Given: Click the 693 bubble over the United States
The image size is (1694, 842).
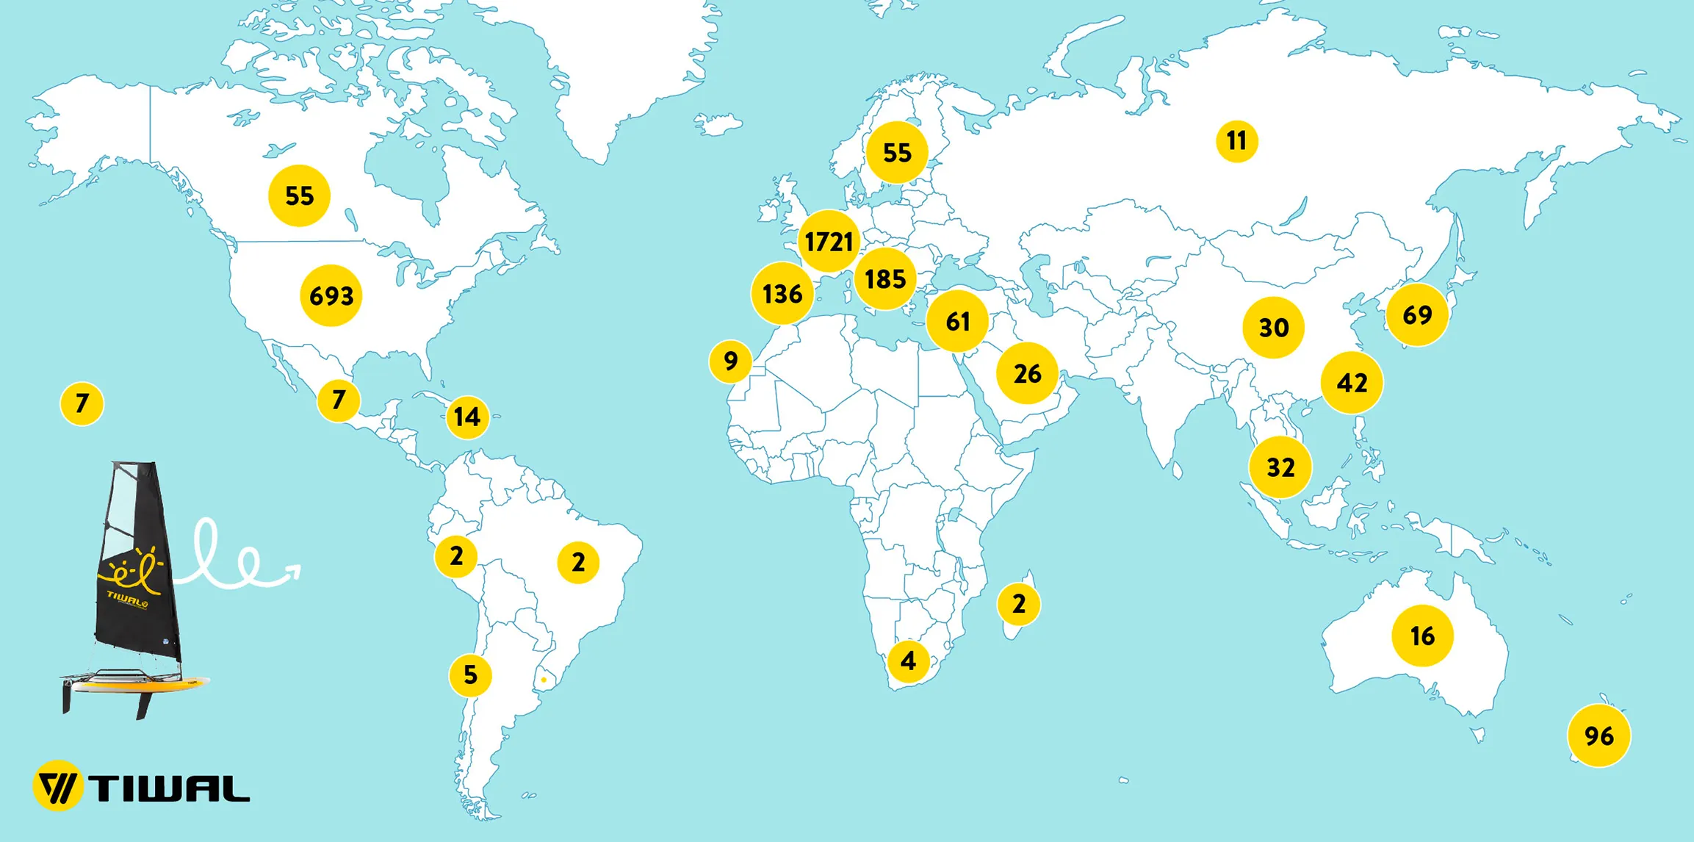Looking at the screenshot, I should point(331,295).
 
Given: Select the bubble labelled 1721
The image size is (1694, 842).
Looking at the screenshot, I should point(829,241).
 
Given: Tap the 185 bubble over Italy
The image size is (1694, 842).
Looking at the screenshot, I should point(885,278).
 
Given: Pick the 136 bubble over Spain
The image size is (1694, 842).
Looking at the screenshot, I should point(782,294).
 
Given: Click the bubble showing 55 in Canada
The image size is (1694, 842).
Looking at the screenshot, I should point(299,195).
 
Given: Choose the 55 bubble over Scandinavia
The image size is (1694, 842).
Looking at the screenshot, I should point(896,152).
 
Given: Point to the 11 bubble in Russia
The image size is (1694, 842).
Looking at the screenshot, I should point(1236,140).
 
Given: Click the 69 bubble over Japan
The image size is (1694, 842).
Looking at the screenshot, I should point(1416,314).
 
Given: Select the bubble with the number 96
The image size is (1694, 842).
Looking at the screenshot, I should point(1599,735).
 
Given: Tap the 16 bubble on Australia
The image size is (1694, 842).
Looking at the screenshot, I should point(1422,636).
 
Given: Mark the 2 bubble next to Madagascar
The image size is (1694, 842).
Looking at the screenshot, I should point(1018,604).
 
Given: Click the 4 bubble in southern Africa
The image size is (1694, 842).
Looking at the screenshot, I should point(908,661).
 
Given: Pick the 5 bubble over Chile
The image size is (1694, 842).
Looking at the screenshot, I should point(470,674).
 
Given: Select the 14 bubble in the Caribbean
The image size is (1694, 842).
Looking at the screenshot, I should point(467,417).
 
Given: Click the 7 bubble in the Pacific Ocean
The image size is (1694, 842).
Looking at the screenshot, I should point(82,403).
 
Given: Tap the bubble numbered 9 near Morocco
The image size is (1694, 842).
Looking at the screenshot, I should point(730,361).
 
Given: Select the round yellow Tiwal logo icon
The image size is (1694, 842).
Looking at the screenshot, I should point(57,785).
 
